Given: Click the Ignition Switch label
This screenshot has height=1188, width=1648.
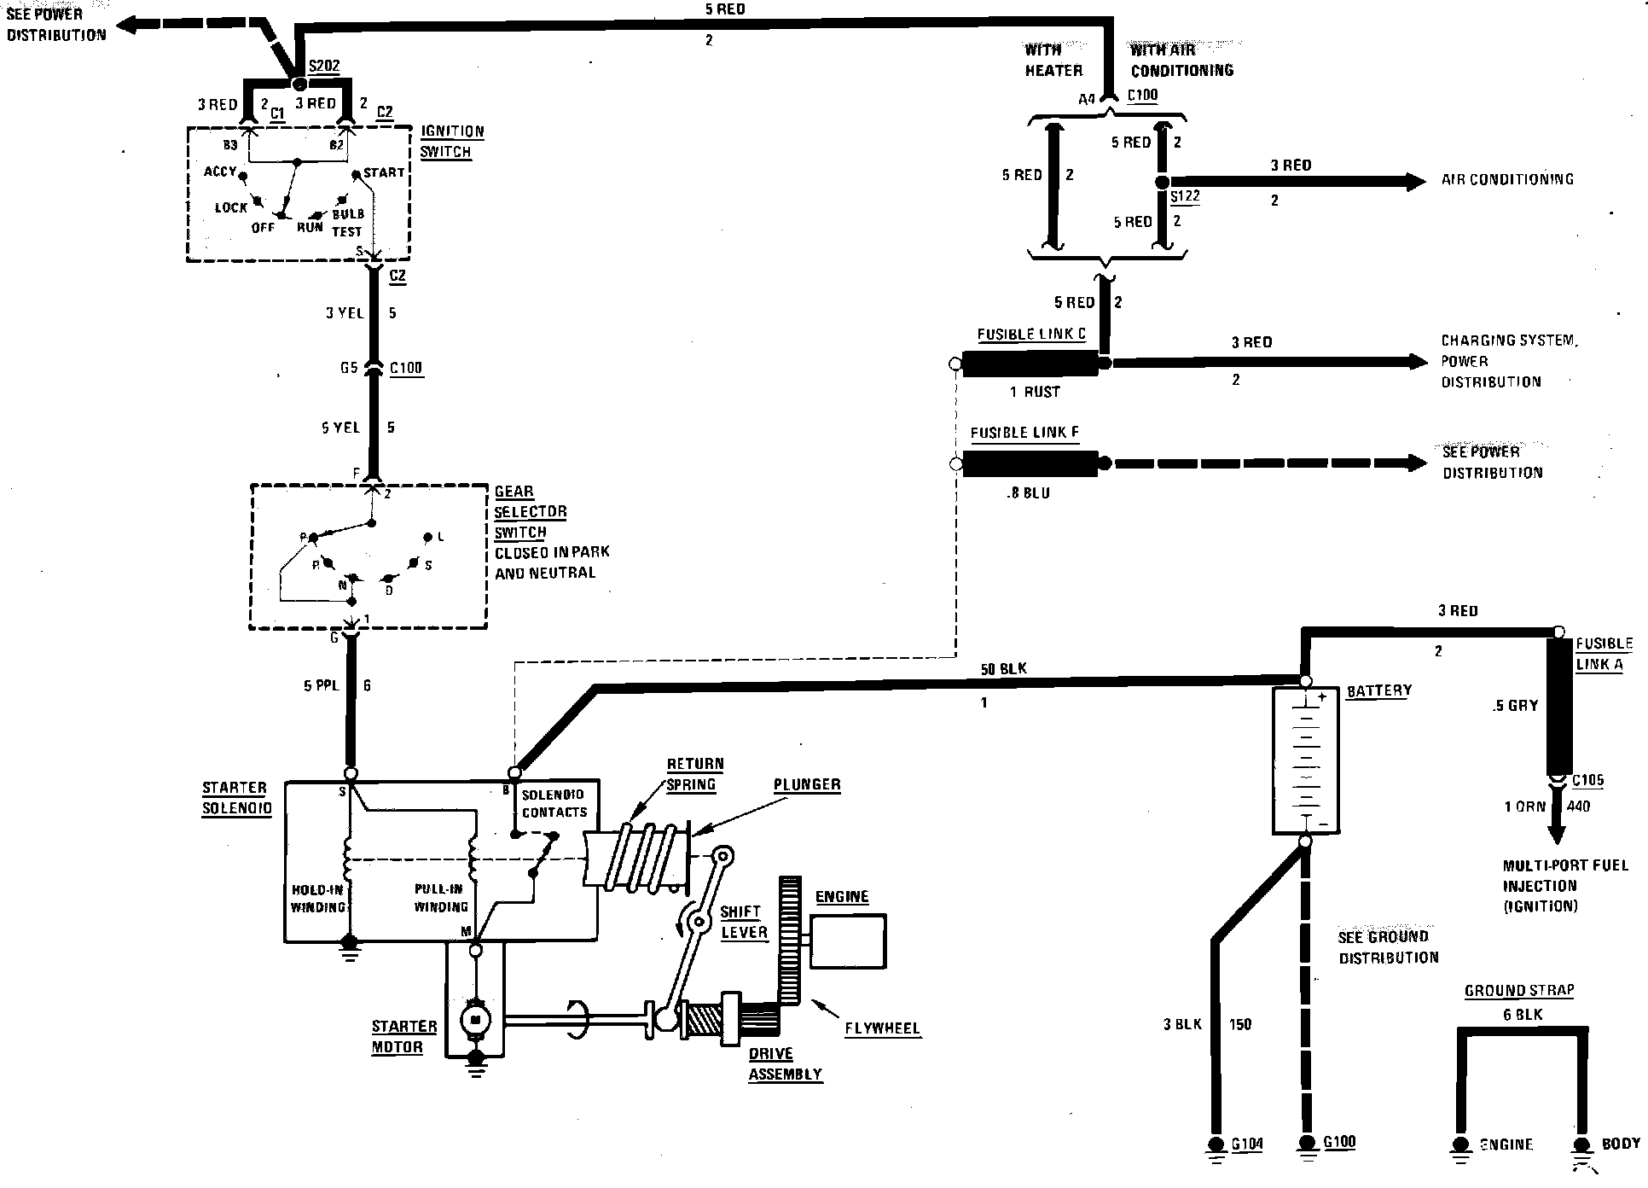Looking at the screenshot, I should pyautogui.click(x=451, y=142).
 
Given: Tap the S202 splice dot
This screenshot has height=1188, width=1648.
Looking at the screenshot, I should pyautogui.click(x=299, y=84).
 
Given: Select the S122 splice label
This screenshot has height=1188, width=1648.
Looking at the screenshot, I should pyautogui.click(x=1185, y=196).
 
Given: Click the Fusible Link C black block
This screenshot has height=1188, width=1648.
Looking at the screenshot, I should pyautogui.click(x=1030, y=364).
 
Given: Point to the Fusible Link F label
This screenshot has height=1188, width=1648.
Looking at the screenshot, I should pyautogui.click(x=1024, y=433).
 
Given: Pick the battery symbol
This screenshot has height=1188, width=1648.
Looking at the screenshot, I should pyautogui.click(x=1305, y=760).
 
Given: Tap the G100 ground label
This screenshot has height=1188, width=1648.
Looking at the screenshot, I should pyautogui.click(x=1338, y=1143).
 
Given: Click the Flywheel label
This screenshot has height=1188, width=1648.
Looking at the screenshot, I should pyautogui.click(x=882, y=1028).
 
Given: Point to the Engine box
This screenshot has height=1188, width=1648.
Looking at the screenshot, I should pyautogui.click(x=847, y=941).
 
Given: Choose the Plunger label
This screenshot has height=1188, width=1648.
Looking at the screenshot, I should pyautogui.click(x=807, y=784).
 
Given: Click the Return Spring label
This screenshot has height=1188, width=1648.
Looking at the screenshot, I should pyautogui.click(x=694, y=774).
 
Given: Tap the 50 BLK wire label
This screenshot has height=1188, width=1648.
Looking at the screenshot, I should pyautogui.click(x=1003, y=669).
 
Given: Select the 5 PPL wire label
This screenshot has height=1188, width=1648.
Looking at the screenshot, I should pyautogui.click(x=322, y=685).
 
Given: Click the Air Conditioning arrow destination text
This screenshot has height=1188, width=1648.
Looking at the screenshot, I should pyautogui.click(x=1507, y=179).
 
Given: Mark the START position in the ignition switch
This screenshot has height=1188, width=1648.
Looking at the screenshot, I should pyautogui.click(x=383, y=172).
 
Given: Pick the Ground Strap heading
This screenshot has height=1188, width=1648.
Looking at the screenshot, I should pyautogui.click(x=1519, y=991).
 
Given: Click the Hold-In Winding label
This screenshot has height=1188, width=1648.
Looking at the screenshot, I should pyautogui.click(x=317, y=899).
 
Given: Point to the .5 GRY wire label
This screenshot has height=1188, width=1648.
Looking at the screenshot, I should pyautogui.click(x=1515, y=706).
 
